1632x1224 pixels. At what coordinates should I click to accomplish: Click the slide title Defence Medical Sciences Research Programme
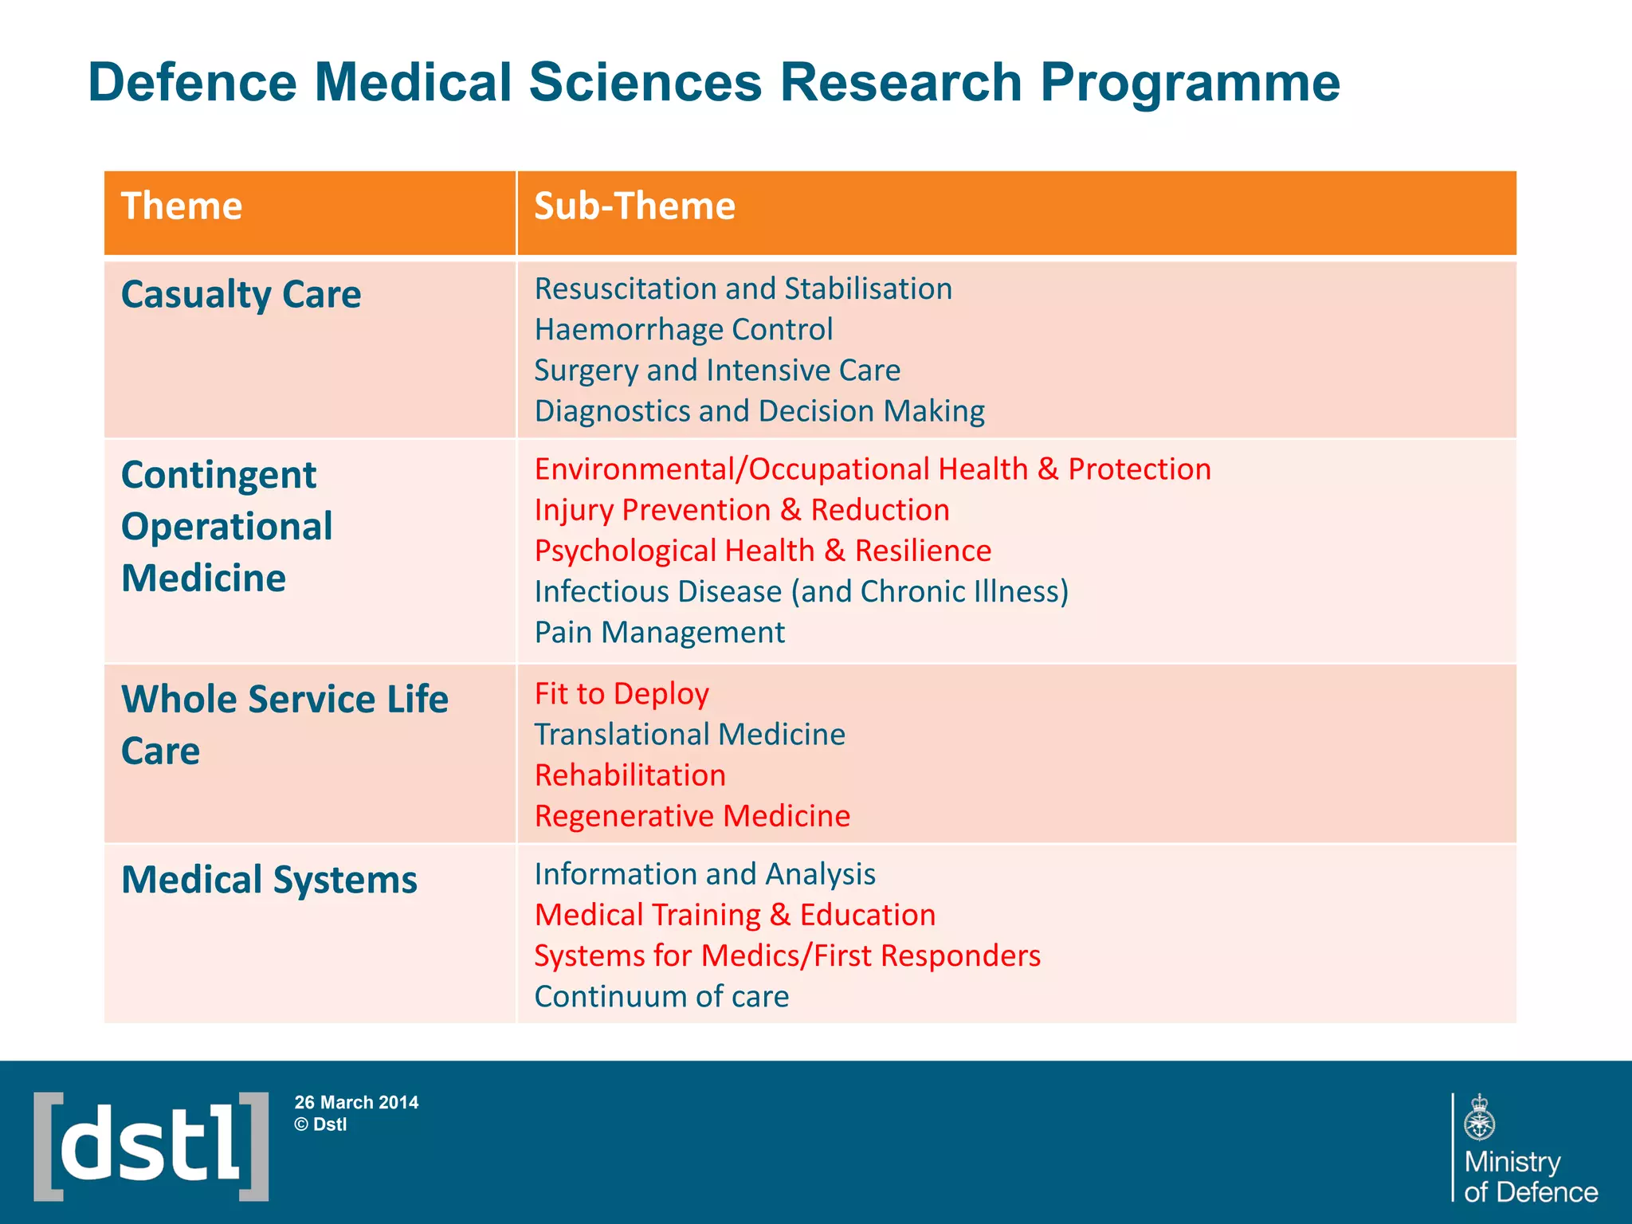[713, 83]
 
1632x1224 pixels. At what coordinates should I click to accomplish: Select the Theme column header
[182, 206]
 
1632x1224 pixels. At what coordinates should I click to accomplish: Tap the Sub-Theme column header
[634, 206]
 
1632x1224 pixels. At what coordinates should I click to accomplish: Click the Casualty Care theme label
[241, 295]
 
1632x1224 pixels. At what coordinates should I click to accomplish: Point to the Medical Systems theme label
[269, 881]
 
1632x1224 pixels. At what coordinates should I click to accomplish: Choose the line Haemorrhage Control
[683, 330]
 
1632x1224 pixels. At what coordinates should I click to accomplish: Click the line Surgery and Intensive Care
[717, 371]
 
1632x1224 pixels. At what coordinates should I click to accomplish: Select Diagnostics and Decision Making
[759, 411]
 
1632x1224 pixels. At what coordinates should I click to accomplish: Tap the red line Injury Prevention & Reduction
[742, 510]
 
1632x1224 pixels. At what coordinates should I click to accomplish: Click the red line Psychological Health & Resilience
[763, 551]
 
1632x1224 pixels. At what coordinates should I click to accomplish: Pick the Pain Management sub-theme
[659, 633]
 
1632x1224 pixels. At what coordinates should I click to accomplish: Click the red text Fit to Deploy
[622, 694]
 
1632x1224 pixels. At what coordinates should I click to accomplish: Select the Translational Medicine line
[689, 735]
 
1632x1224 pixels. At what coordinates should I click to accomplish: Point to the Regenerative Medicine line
[692, 816]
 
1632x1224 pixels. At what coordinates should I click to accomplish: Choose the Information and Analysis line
[704, 874]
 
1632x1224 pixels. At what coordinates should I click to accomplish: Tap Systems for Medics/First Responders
[787, 955]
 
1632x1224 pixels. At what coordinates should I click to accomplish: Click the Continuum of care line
[661, 997]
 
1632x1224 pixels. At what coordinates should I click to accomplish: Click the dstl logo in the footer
[151, 1146]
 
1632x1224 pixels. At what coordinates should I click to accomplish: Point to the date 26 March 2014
[356, 1103]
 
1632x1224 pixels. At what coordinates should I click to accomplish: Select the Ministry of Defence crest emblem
[1479, 1117]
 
